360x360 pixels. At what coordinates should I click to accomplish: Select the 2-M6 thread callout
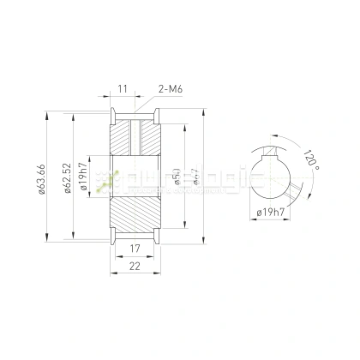[171, 88]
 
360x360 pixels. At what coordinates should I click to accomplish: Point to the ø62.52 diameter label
[67, 179]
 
